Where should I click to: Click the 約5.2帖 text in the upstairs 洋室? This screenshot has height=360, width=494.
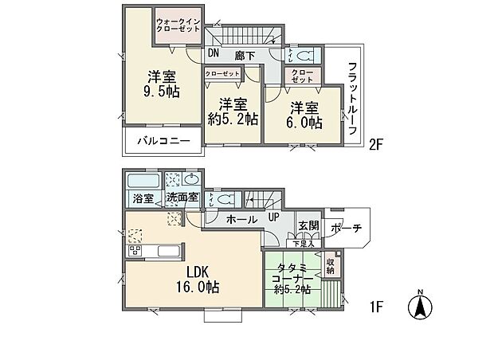pos(232,119)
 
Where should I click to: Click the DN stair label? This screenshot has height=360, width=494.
pos(214,54)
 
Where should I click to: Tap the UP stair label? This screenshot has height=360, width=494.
pos(272,217)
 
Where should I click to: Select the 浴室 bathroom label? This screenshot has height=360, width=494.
pos(142,198)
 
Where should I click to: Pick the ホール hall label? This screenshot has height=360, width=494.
pos(241,219)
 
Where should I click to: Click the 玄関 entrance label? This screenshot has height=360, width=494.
pos(308,225)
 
